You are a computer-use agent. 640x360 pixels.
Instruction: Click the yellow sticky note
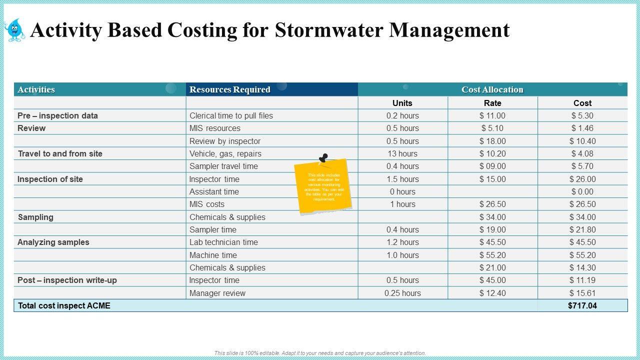pyautogui.click(x=324, y=187)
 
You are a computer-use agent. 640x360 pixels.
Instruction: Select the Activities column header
pyautogui.click(x=36, y=89)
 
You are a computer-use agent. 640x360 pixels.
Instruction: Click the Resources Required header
pyautogui.click(x=229, y=89)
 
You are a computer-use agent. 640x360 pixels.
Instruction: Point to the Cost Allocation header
pyautogui.click(x=492, y=89)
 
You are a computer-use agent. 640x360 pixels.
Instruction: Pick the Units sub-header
pyautogui.click(x=402, y=103)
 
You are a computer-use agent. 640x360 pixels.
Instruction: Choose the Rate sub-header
pyautogui.click(x=492, y=103)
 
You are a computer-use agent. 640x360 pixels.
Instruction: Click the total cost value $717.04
pyautogui.click(x=582, y=305)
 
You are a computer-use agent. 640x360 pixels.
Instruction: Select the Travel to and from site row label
pyautogui.click(x=60, y=153)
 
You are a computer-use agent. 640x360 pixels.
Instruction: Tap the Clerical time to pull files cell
pyautogui.click(x=231, y=115)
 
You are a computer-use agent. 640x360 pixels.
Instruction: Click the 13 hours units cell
pyautogui.click(x=402, y=153)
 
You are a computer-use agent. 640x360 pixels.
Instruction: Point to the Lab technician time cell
pyautogui.click(x=223, y=242)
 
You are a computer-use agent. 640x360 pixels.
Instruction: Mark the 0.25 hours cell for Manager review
pyautogui.click(x=402, y=293)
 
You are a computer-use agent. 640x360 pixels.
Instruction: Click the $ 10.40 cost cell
pyautogui.click(x=582, y=141)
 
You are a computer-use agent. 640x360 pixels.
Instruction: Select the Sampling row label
pyautogui.click(x=35, y=217)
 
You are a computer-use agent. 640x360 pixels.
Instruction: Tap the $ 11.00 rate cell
pyautogui.click(x=492, y=115)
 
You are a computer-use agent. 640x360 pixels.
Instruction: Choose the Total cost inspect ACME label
pyautogui.click(x=64, y=305)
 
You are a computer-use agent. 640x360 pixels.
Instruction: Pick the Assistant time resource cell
pyautogui.click(x=214, y=191)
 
